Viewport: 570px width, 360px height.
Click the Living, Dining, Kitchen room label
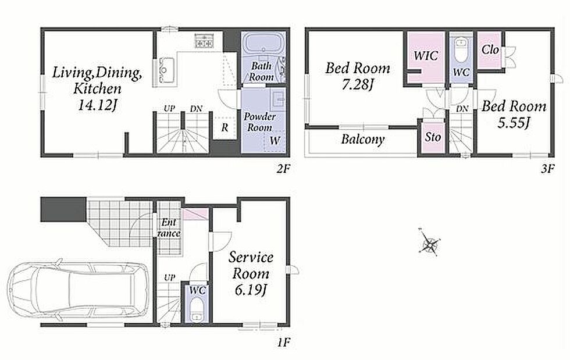click(x=97, y=88)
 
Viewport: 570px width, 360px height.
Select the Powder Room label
click(x=259, y=122)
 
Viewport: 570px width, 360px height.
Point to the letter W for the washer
click(x=275, y=140)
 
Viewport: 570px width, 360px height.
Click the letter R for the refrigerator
click(x=225, y=127)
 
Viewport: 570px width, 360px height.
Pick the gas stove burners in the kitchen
click(x=205, y=40)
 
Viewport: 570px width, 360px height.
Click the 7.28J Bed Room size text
click(x=358, y=85)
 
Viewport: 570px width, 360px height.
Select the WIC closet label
click(x=426, y=56)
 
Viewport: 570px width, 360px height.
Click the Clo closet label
click(x=490, y=49)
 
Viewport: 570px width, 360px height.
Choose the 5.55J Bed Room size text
click(x=514, y=123)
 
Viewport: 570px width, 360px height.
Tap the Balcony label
click(x=363, y=139)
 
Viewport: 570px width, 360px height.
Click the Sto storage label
click(x=433, y=137)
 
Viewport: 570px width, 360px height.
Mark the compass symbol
click(x=429, y=241)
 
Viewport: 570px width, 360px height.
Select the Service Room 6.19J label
click(x=251, y=273)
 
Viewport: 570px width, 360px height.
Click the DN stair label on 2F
click(x=197, y=108)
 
